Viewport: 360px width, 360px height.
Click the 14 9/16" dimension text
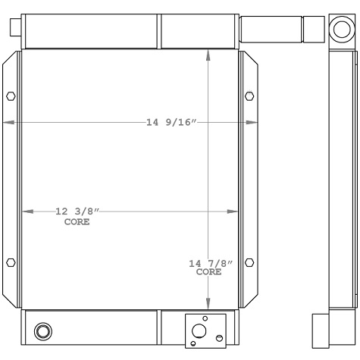171,123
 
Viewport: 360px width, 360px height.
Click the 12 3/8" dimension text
77,211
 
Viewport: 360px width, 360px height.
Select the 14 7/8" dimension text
210,263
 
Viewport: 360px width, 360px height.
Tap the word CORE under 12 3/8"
77,222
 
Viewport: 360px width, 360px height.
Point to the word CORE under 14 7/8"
209,271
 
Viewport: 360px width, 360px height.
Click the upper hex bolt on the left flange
10,96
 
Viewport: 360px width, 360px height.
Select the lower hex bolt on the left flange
10,262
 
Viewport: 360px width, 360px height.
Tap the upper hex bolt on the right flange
249,96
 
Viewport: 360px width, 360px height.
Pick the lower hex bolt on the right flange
249,262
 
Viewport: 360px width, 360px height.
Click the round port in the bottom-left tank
44,330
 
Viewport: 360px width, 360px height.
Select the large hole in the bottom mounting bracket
199,331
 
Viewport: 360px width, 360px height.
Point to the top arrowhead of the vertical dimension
209,54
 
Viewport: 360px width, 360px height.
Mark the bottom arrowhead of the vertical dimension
209,305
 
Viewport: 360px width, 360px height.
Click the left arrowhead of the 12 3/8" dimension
26,211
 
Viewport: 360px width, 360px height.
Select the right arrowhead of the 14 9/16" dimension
254,123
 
